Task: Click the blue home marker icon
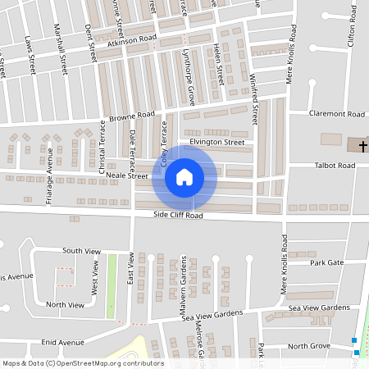pyautogui.click(x=184, y=177)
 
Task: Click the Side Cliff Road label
pyautogui.click(x=178, y=216)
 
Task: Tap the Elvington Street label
pyautogui.click(x=217, y=142)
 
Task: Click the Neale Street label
pyautogui.click(x=126, y=175)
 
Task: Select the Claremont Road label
pyautogui.click(x=337, y=114)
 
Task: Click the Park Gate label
pyautogui.click(x=327, y=262)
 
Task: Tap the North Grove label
pyautogui.click(x=309, y=346)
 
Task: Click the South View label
pyautogui.click(x=84, y=250)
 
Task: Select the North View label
pyautogui.click(x=65, y=304)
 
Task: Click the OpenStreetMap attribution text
pyautogui.click(x=83, y=363)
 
